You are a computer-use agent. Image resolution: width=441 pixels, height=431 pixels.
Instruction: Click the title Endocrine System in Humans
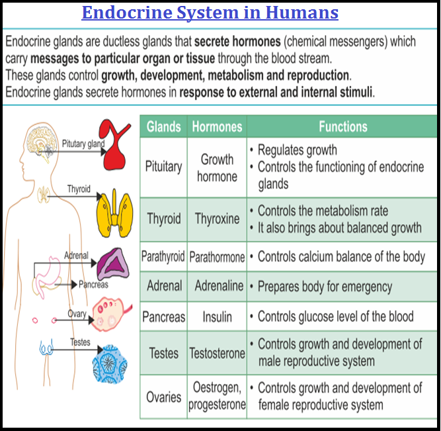210,13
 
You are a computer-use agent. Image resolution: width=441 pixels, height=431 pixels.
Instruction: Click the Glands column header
164,126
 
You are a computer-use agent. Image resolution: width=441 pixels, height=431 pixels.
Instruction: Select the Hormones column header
217,126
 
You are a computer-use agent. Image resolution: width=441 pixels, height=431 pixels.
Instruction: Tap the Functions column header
342,126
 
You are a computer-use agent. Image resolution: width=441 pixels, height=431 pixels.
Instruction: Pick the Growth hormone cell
217,168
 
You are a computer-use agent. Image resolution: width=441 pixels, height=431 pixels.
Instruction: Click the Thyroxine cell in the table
217,218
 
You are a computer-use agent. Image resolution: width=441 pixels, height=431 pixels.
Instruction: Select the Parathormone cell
217,256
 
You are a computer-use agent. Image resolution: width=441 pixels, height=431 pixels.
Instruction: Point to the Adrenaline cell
217,287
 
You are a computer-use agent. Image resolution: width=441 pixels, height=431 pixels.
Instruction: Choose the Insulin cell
217,317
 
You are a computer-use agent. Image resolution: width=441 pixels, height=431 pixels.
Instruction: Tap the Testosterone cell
217,354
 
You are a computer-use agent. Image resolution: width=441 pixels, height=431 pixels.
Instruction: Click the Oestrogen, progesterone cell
217,396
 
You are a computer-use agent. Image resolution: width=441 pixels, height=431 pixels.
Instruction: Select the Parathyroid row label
163,256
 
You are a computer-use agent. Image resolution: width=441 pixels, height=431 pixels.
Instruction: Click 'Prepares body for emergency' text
324,287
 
